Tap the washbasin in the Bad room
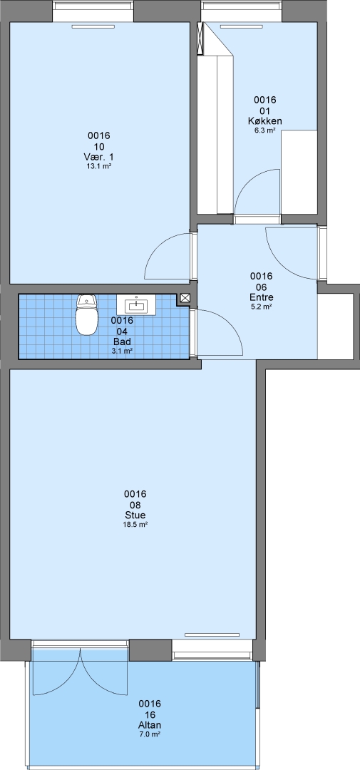[x=136, y=304]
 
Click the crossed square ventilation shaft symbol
[x=185, y=297]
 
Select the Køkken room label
[x=264, y=120]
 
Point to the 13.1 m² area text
[x=98, y=166]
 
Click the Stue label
[x=135, y=515]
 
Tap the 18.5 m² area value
[x=135, y=525]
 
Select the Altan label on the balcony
[x=150, y=725]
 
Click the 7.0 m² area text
[x=150, y=734]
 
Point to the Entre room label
[x=262, y=297]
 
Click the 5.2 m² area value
[x=262, y=307]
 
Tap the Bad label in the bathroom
[x=123, y=342]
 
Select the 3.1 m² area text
[x=123, y=351]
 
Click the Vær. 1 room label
[x=98, y=157]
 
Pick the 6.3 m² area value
[x=264, y=130]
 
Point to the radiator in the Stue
[x=212, y=635]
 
